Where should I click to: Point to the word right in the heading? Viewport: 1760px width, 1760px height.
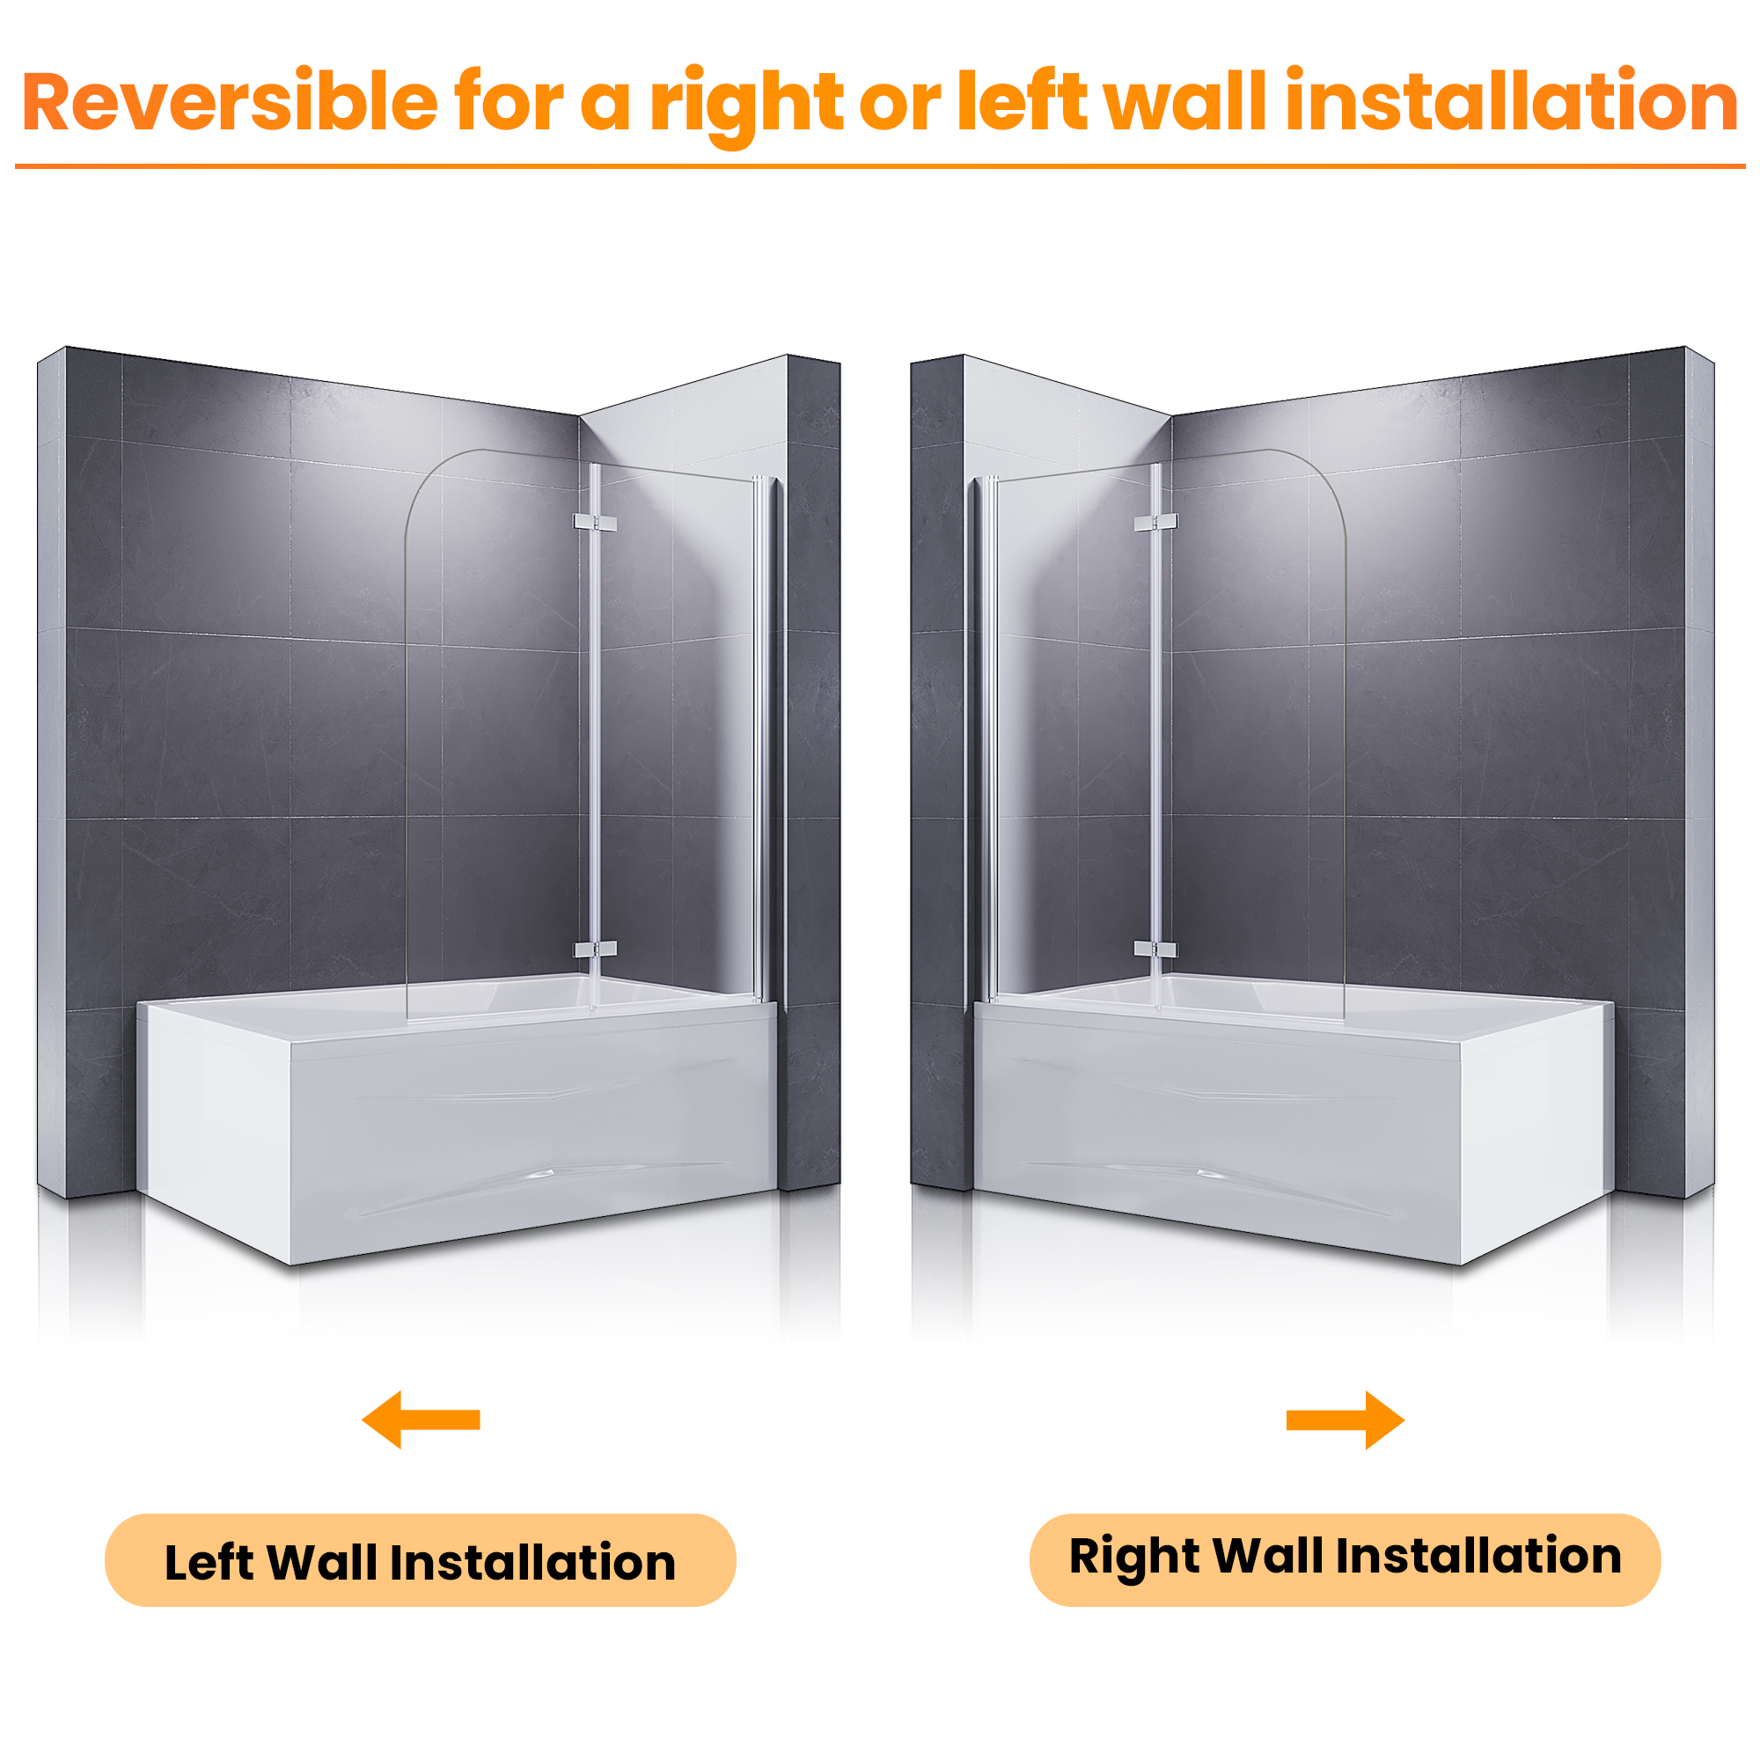coord(745,106)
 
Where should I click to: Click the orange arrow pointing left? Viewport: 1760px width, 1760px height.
coord(421,1419)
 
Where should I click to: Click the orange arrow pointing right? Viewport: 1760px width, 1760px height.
coord(1345,1419)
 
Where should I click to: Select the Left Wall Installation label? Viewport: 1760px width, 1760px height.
coord(420,1561)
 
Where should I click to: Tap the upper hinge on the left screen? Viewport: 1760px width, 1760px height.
coord(595,523)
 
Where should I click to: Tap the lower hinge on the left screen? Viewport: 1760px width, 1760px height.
coord(595,950)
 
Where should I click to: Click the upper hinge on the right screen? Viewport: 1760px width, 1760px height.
coord(1156,523)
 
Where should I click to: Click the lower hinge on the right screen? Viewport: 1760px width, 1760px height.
coord(1156,950)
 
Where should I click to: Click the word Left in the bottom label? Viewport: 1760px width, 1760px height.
coord(209,1563)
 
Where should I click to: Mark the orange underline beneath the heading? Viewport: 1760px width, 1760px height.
coord(880,166)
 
